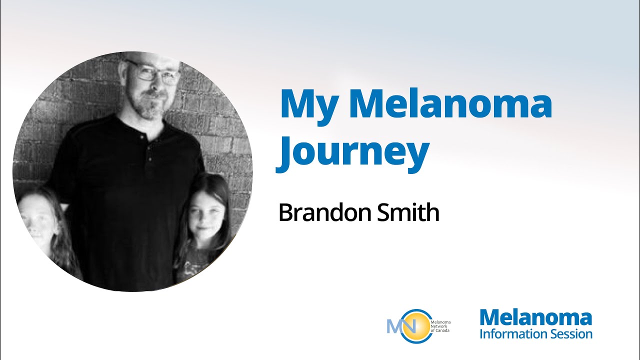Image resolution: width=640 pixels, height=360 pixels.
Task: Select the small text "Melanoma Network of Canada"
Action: (x=440, y=326)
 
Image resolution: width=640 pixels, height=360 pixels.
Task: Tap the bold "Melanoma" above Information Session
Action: (x=535, y=317)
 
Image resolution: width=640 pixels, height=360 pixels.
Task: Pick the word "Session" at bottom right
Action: (x=572, y=333)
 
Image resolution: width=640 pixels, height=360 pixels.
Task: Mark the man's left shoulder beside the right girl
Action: (x=185, y=140)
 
